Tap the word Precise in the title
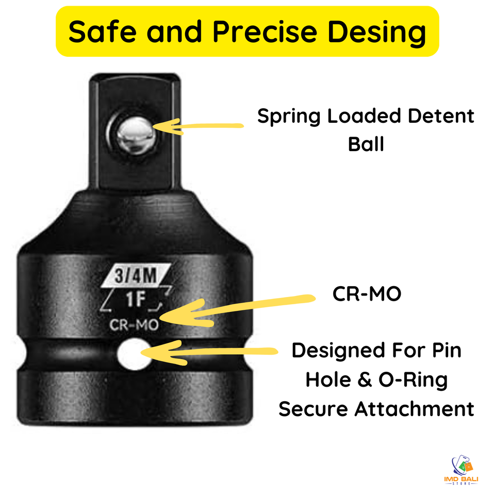tap(269, 31)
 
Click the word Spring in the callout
tap(289, 117)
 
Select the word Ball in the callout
tap(366, 144)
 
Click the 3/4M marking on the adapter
tap(136, 277)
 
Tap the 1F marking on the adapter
tap(134, 299)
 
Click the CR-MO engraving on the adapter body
tap(134, 325)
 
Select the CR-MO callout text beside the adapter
tap(367, 294)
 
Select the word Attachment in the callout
tap(414, 408)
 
